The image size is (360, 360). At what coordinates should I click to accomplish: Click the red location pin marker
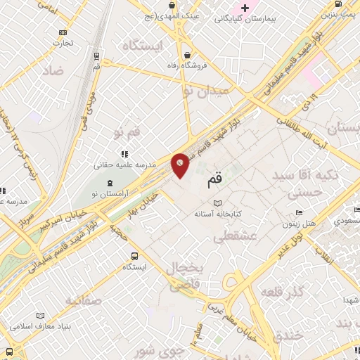(181, 165)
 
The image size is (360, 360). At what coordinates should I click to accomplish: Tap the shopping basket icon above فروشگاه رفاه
(187, 56)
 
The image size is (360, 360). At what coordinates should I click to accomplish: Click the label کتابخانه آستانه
(218, 212)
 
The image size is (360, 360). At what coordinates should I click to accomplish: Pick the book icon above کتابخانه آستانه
(217, 202)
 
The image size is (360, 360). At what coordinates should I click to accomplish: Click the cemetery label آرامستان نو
(105, 193)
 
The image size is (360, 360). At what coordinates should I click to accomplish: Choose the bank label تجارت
(63, 41)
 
